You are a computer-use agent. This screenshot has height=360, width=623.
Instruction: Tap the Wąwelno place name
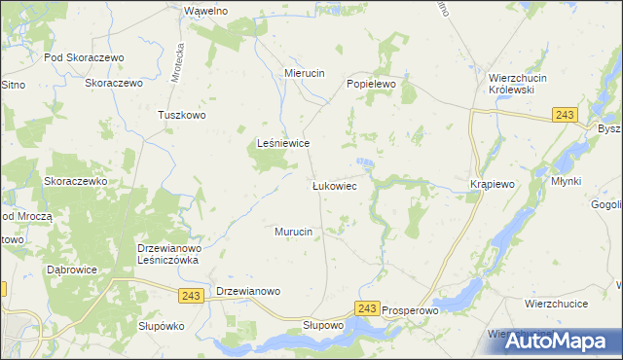pyautogui.click(x=205, y=10)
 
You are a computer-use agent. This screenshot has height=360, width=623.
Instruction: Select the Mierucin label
pyautogui.click(x=304, y=73)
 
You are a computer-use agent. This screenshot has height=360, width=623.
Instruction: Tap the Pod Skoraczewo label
pyautogui.click(x=87, y=57)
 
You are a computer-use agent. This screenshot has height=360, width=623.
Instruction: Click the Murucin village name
pyautogui.click(x=293, y=232)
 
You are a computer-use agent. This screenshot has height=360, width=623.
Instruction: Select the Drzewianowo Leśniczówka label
pyautogui.click(x=168, y=254)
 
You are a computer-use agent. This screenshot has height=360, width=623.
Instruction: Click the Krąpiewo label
pyautogui.click(x=492, y=184)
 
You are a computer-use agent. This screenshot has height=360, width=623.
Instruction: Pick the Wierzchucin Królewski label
pyautogui.click(x=519, y=85)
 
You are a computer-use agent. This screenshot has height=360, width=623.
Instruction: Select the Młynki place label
pyautogui.click(x=566, y=181)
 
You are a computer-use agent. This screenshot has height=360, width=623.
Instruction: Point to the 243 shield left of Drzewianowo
pyautogui.click(x=192, y=293)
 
